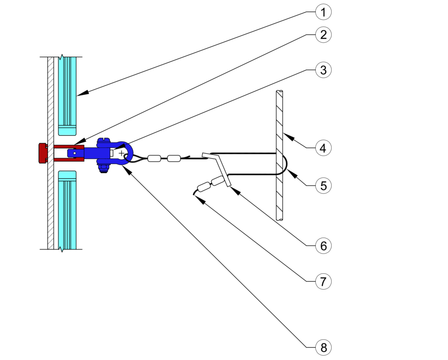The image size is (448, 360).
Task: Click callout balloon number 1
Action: (323, 12)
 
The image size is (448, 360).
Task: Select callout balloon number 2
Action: (323, 35)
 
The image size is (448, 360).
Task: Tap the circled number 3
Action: (323, 70)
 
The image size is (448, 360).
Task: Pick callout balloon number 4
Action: (323, 148)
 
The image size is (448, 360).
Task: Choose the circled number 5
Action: (323, 186)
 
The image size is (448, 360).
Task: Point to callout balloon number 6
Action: (323, 246)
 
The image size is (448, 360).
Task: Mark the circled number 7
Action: (323, 281)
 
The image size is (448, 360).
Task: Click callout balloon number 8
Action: (323, 348)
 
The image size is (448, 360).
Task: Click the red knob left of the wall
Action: (42, 153)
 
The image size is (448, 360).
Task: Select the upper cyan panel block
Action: (67, 96)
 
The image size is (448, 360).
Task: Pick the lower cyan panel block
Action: (67, 210)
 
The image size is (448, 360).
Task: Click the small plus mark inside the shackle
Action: (122, 153)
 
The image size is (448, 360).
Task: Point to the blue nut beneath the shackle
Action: (104, 168)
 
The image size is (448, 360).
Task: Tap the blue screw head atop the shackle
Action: (104, 140)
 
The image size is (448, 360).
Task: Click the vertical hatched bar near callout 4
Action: (280, 155)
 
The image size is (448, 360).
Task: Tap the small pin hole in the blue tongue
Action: (74, 154)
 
